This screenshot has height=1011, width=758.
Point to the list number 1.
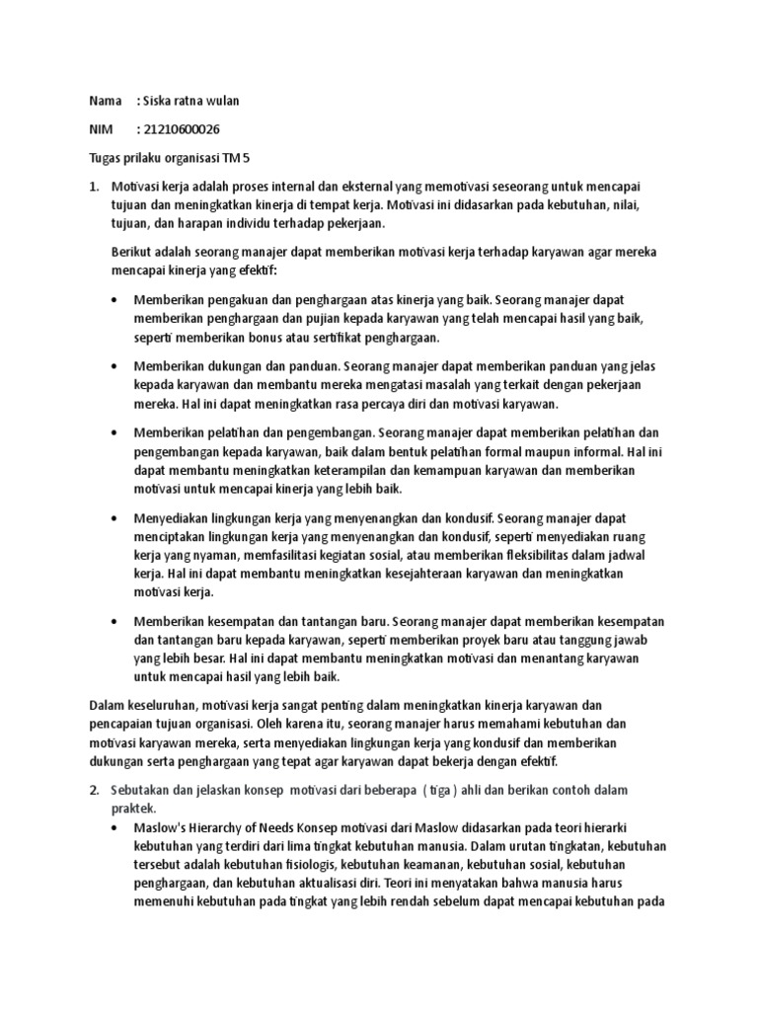tap(95, 187)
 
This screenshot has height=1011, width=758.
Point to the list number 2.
tap(95, 791)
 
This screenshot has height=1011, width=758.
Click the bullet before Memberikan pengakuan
tap(117, 299)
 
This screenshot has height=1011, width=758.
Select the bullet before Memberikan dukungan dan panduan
tap(117, 366)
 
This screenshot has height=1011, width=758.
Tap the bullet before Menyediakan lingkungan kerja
tap(117, 517)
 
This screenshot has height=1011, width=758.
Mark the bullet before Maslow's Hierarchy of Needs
tap(117, 828)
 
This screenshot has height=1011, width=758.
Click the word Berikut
tap(132, 252)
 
